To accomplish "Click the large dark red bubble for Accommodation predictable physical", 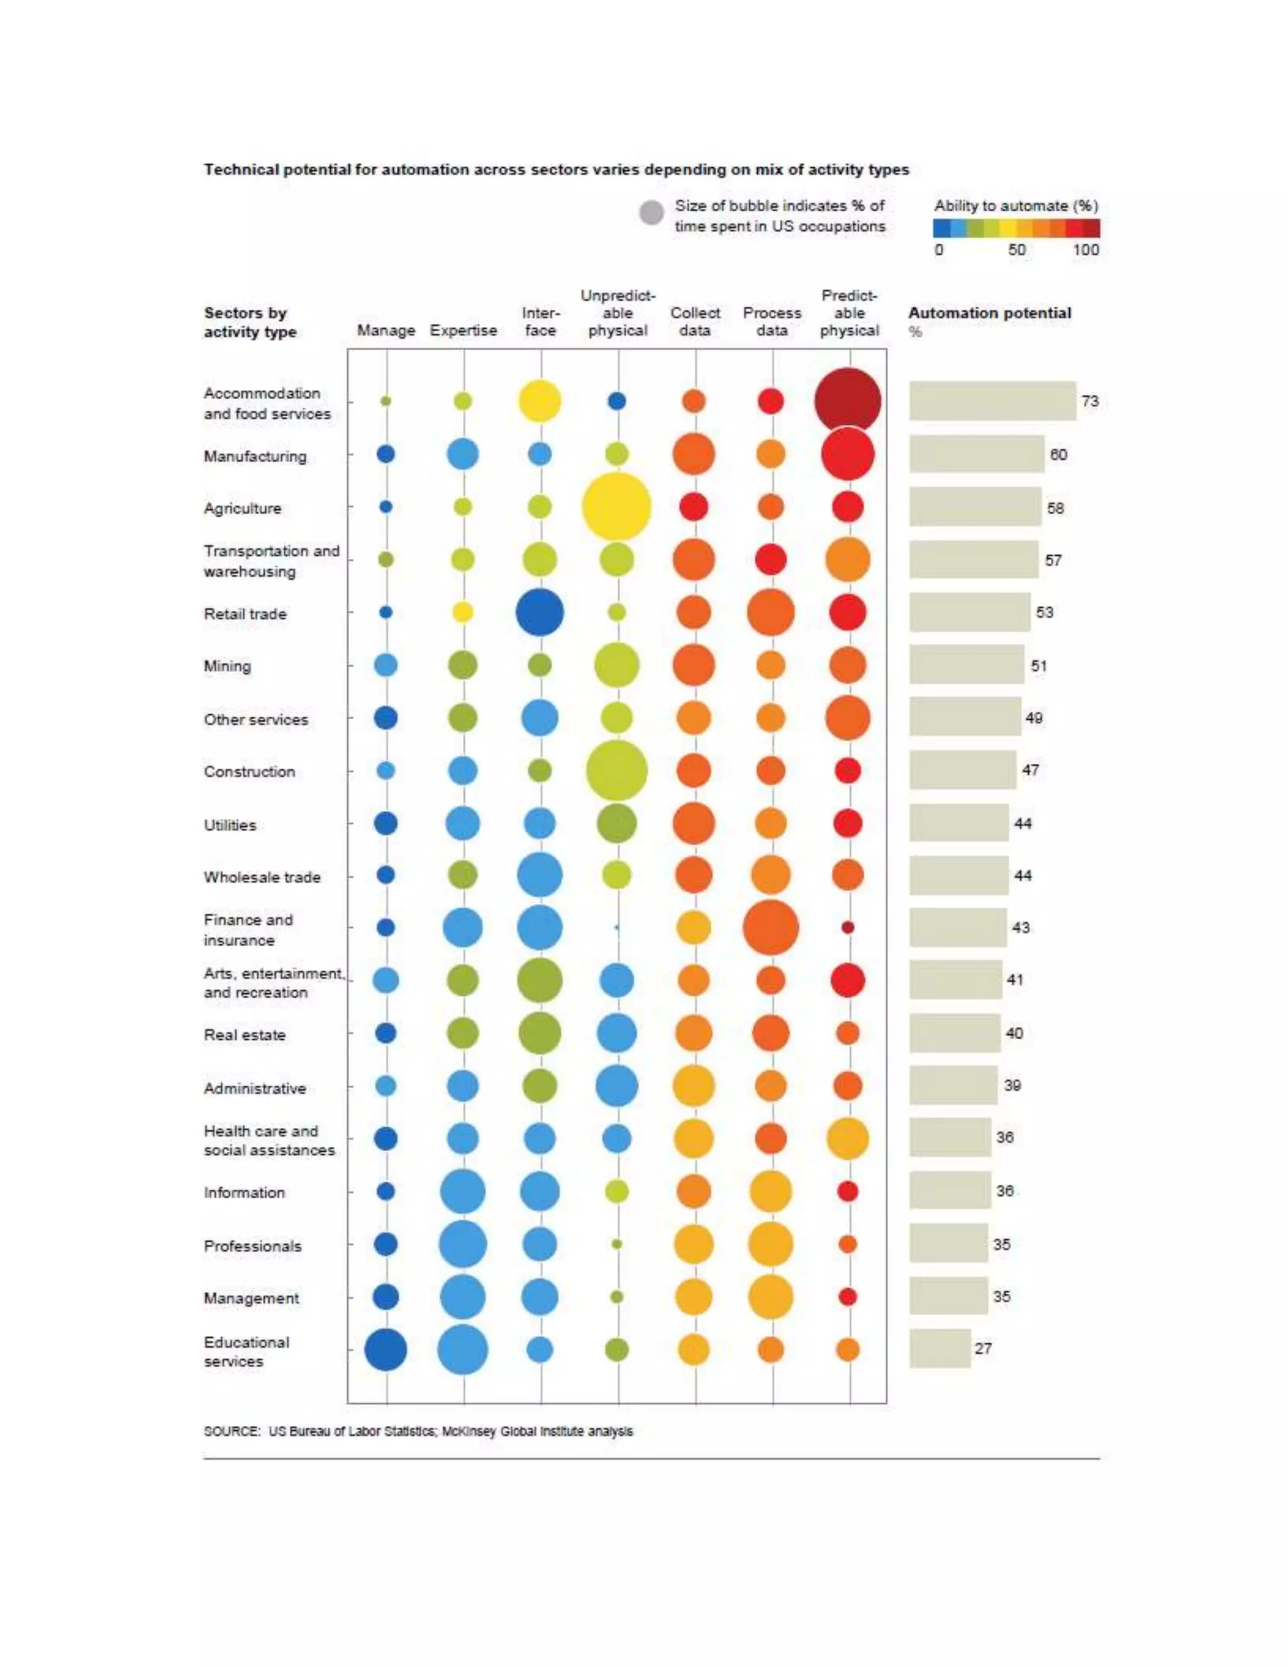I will [x=847, y=401].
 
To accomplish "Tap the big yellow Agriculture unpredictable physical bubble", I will [x=616, y=507].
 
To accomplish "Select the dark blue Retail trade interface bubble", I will [x=540, y=612].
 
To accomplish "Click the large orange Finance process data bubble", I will [x=770, y=927].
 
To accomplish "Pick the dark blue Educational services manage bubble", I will [x=386, y=1349].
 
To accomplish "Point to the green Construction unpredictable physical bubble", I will [x=616, y=771].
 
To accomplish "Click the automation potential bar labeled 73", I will [x=992, y=401].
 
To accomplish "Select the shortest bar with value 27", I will [x=940, y=1349].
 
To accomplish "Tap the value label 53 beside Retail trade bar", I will [x=1044, y=612].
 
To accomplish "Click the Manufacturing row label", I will [x=255, y=456].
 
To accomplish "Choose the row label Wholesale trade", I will [x=262, y=877].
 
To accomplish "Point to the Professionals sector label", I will [x=252, y=1245].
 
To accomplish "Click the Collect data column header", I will [x=694, y=321].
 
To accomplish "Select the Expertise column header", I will [x=463, y=330].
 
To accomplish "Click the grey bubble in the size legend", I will [x=651, y=214].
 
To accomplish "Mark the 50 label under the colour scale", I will [x=1016, y=250].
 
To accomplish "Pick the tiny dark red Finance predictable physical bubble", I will [x=847, y=927].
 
